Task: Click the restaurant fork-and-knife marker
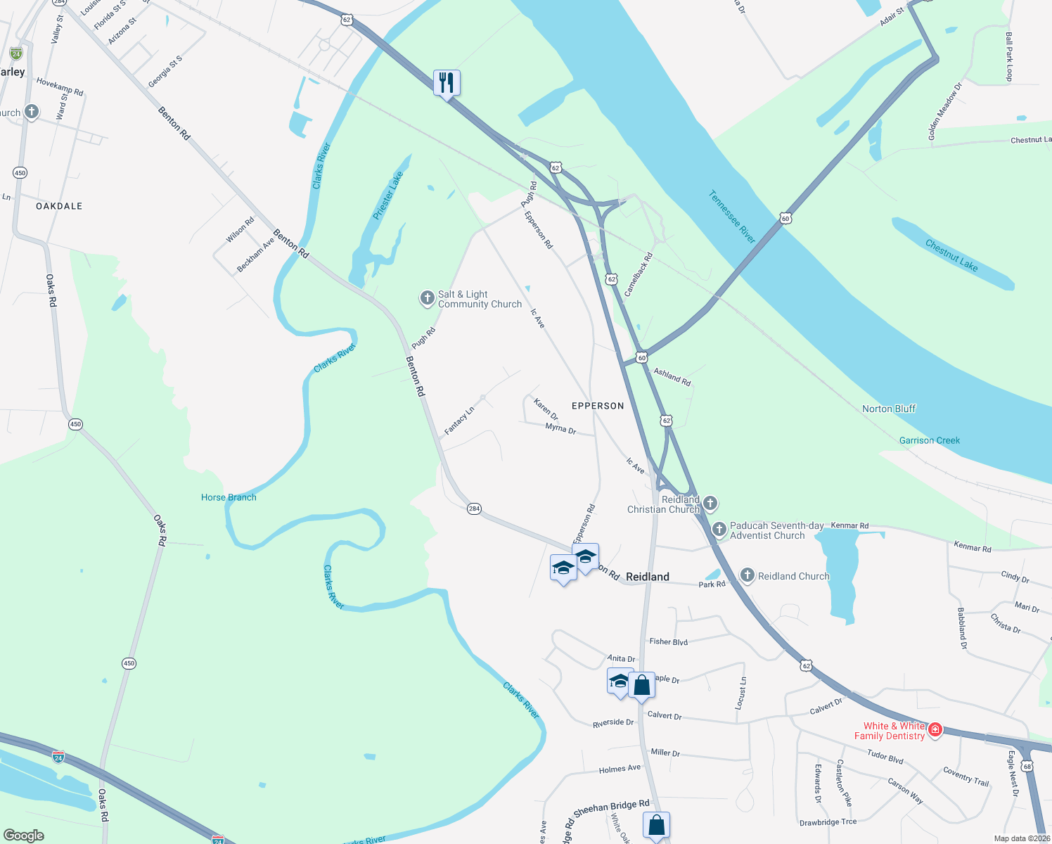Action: pyautogui.click(x=447, y=83)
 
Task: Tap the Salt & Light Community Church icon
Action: pyautogui.click(x=427, y=298)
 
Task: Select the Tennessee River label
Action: pyautogui.click(x=732, y=217)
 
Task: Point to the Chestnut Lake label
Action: pyautogui.click(x=951, y=255)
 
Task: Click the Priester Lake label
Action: pyautogui.click(x=388, y=196)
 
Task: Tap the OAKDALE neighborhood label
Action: pyautogui.click(x=59, y=206)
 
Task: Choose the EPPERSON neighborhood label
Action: pyautogui.click(x=598, y=406)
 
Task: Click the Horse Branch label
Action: pyautogui.click(x=229, y=497)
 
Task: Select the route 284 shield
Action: pyautogui.click(x=474, y=509)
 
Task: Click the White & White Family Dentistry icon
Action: pyautogui.click(x=935, y=730)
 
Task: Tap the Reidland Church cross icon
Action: pyautogui.click(x=747, y=575)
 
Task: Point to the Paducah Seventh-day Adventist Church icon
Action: pyautogui.click(x=719, y=530)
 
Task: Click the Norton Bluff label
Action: pyautogui.click(x=889, y=409)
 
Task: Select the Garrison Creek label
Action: pyautogui.click(x=929, y=440)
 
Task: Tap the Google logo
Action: pyautogui.click(x=24, y=836)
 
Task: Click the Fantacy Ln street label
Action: pyautogui.click(x=459, y=421)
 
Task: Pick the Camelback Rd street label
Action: pyautogui.click(x=639, y=275)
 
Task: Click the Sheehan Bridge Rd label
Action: pyautogui.click(x=611, y=809)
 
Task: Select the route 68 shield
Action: pyautogui.click(x=1027, y=766)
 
